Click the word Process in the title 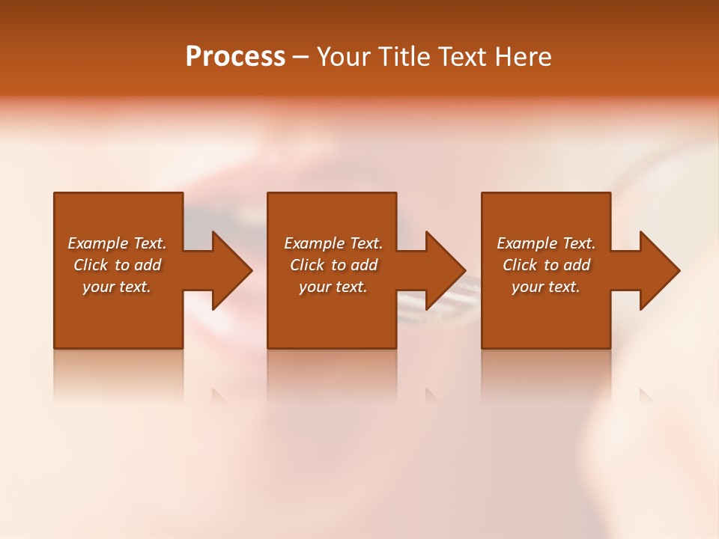coord(235,57)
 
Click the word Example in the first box coord(97,243)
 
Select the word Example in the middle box coord(314,243)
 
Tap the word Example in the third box coord(527,243)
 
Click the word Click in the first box coord(91,265)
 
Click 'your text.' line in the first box coord(117,287)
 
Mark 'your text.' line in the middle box coord(333,287)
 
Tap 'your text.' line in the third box coord(546,287)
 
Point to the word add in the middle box coord(364,265)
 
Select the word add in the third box coord(577,265)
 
